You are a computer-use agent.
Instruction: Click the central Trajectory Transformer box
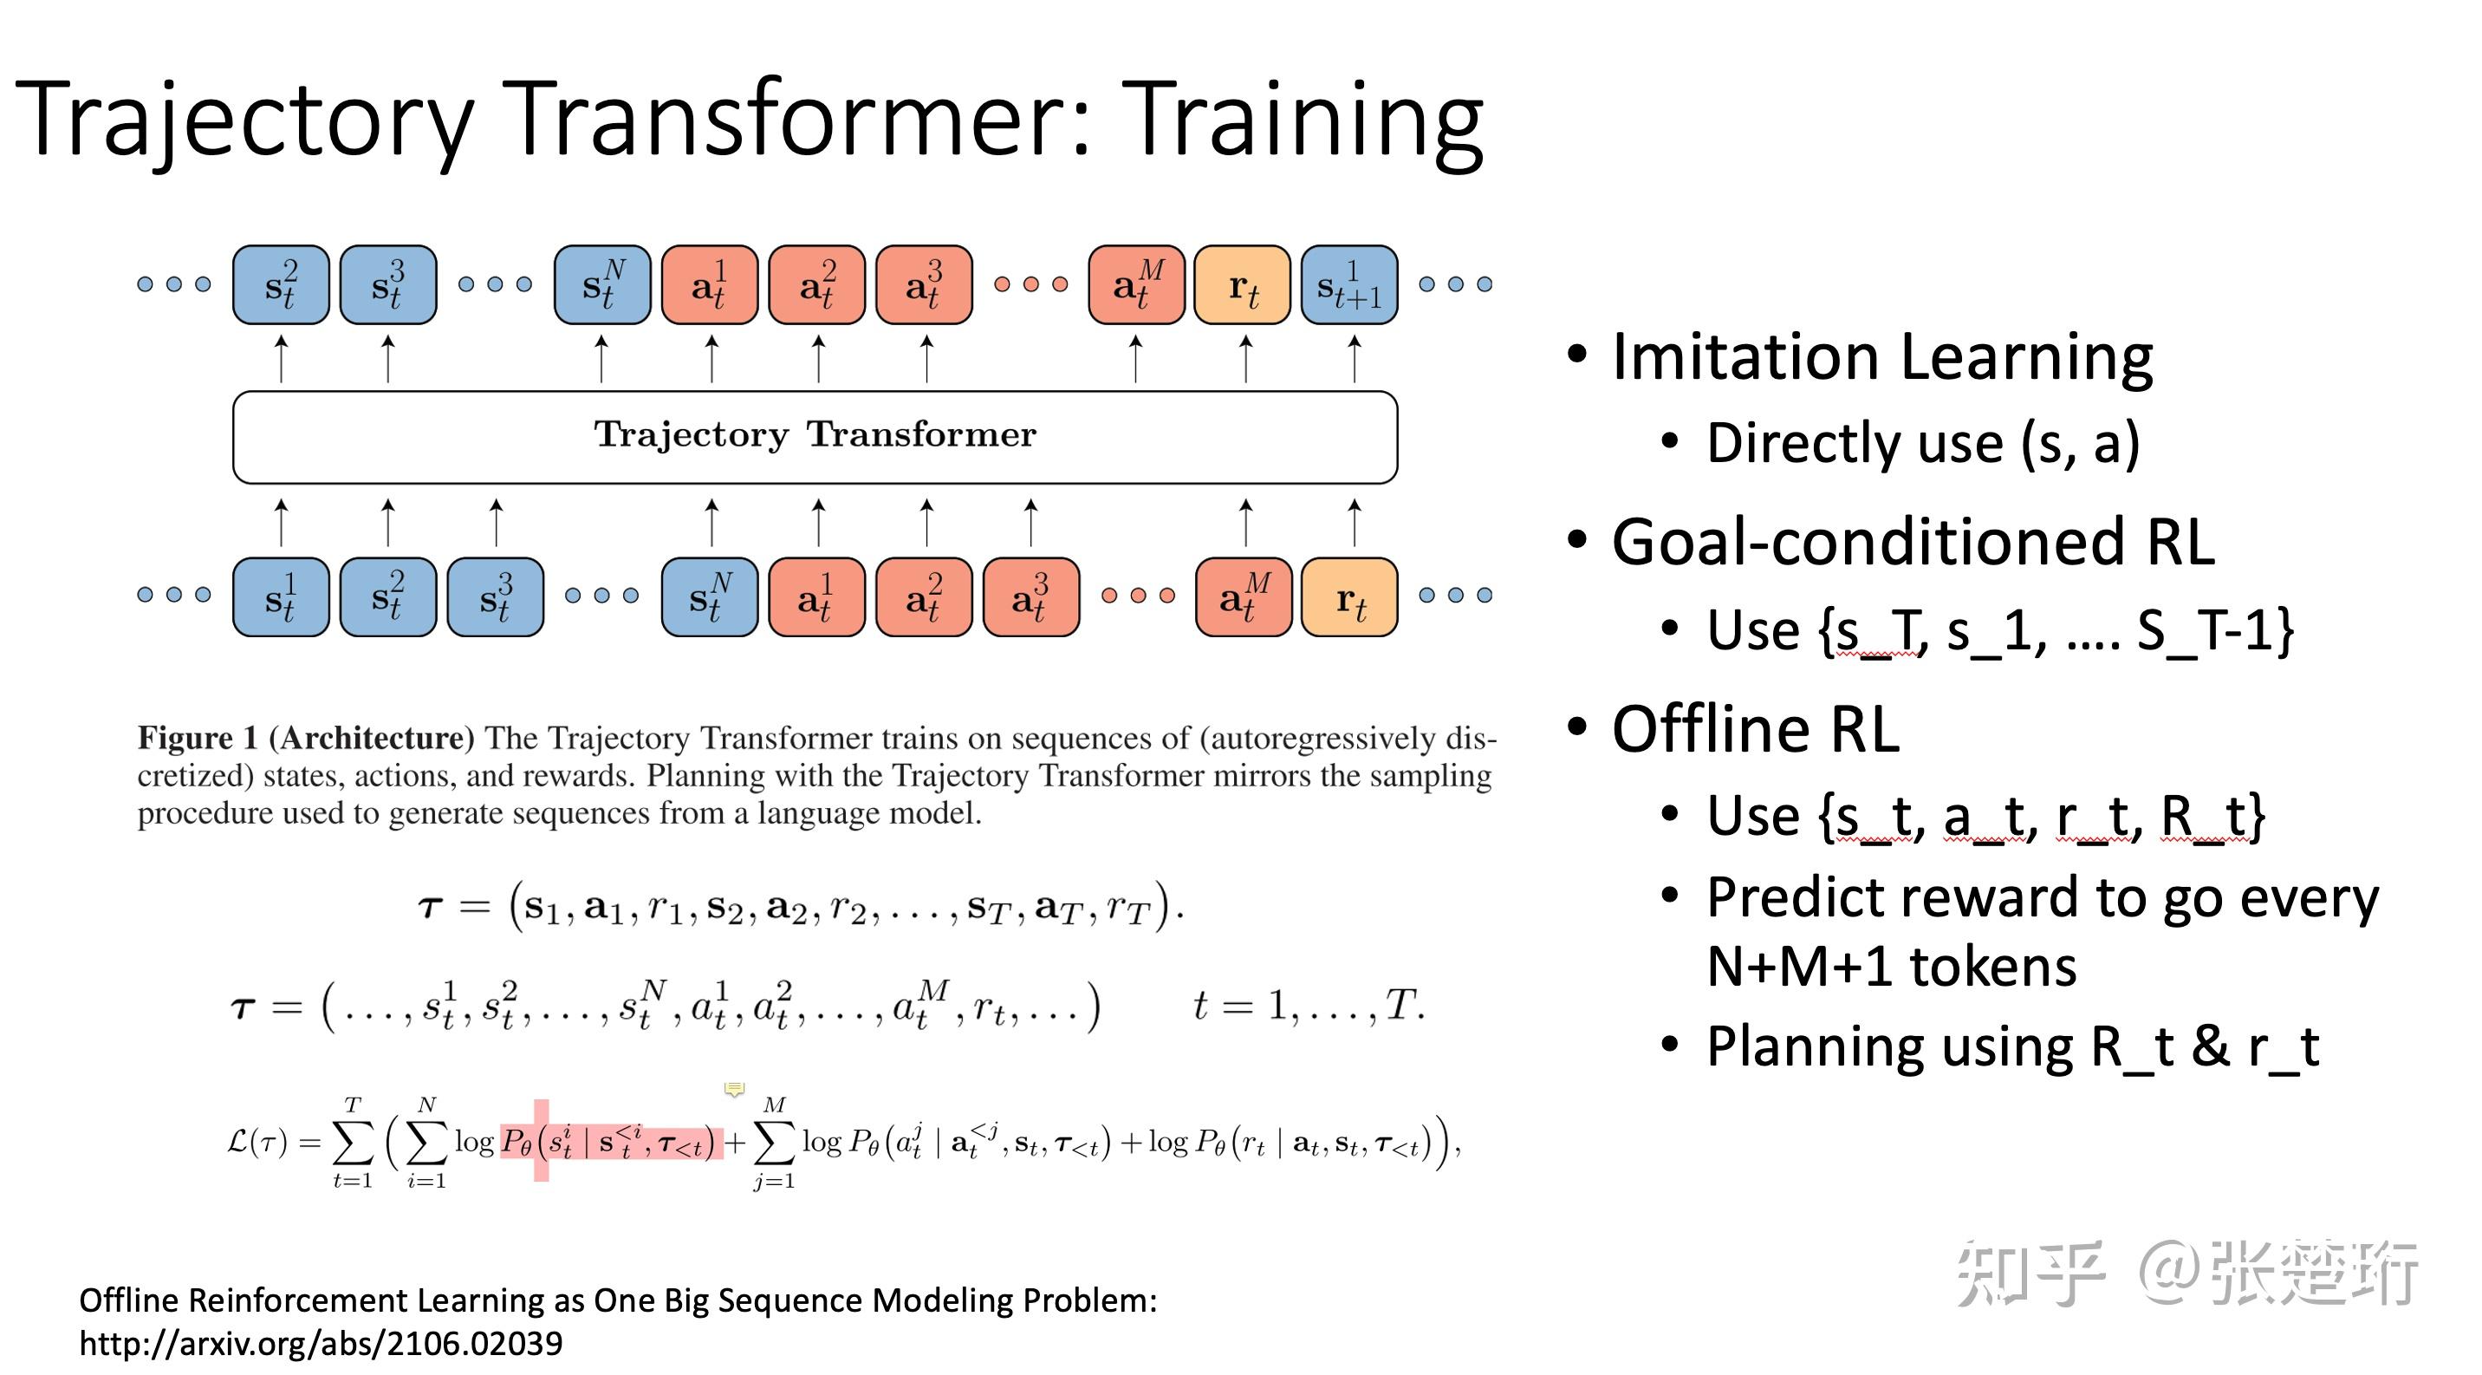(815, 436)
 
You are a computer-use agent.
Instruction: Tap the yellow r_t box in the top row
(1242, 285)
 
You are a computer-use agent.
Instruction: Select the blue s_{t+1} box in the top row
(1349, 285)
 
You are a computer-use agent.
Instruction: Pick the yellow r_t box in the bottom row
(1349, 597)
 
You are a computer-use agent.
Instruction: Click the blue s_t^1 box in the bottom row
(281, 597)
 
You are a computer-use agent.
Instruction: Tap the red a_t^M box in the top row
(1136, 285)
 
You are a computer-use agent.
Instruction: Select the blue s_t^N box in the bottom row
(709, 597)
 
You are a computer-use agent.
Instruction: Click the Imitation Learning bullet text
(1881, 357)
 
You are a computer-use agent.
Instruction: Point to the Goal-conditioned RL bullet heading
(1913, 543)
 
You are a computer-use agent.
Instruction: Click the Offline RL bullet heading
(1756, 729)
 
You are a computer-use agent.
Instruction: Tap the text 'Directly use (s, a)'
(1922, 443)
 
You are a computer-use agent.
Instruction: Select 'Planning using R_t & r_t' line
(2011, 1046)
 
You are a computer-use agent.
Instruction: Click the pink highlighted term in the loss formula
(611, 1143)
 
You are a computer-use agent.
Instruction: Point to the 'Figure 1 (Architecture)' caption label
(305, 738)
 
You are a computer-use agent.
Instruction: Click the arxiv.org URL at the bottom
(321, 1343)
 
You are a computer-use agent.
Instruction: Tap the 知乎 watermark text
(2029, 1274)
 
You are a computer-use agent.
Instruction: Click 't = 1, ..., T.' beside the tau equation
(1308, 1006)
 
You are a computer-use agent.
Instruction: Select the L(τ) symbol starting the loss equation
(257, 1143)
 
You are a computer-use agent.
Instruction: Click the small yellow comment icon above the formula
(734, 1089)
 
